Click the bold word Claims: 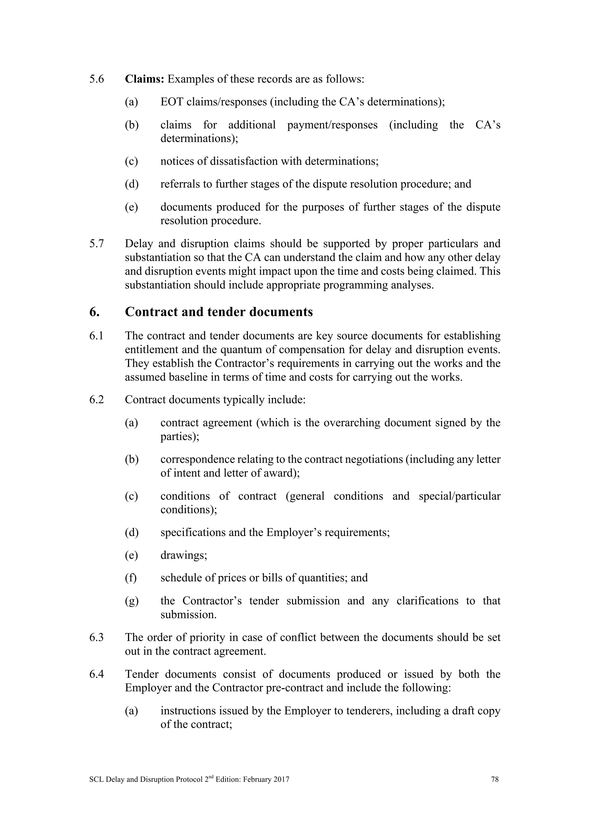click(x=145, y=79)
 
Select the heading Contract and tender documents click(x=219, y=312)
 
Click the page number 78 click(x=495, y=779)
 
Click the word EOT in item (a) click(x=172, y=102)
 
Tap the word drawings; click(x=184, y=555)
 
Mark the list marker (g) click(x=131, y=601)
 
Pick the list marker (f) click(x=131, y=578)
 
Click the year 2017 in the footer click(x=282, y=779)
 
